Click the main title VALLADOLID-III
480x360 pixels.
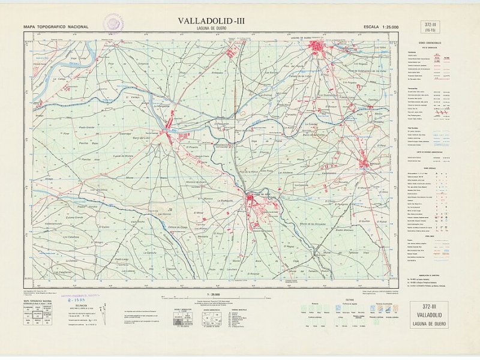(211, 20)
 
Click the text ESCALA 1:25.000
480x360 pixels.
(381, 27)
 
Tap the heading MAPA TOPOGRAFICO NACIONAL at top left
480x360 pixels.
(56, 27)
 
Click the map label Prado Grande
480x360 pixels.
(83, 128)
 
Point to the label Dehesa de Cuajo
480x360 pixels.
(178, 227)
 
